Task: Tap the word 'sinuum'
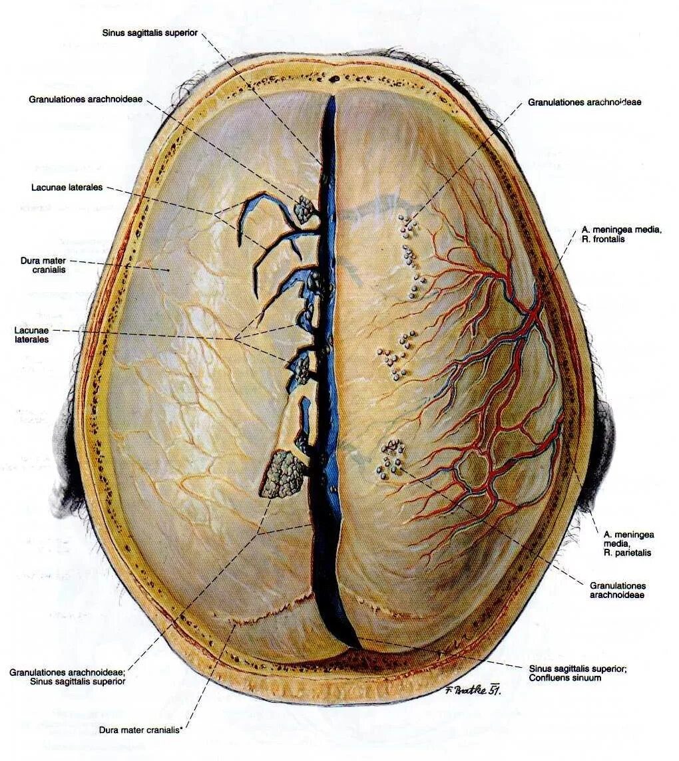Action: (x=585, y=678)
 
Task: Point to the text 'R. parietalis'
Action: (x=627, y=552)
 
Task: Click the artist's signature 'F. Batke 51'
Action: (x=471, y=690)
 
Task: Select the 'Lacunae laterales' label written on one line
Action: (x=67, y=188)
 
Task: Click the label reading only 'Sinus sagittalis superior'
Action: (x=150, y=33)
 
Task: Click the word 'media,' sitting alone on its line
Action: (x=616, y=543)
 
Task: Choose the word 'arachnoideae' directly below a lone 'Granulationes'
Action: (x=617, y=595)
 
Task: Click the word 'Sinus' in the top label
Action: (x=114, y=33)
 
